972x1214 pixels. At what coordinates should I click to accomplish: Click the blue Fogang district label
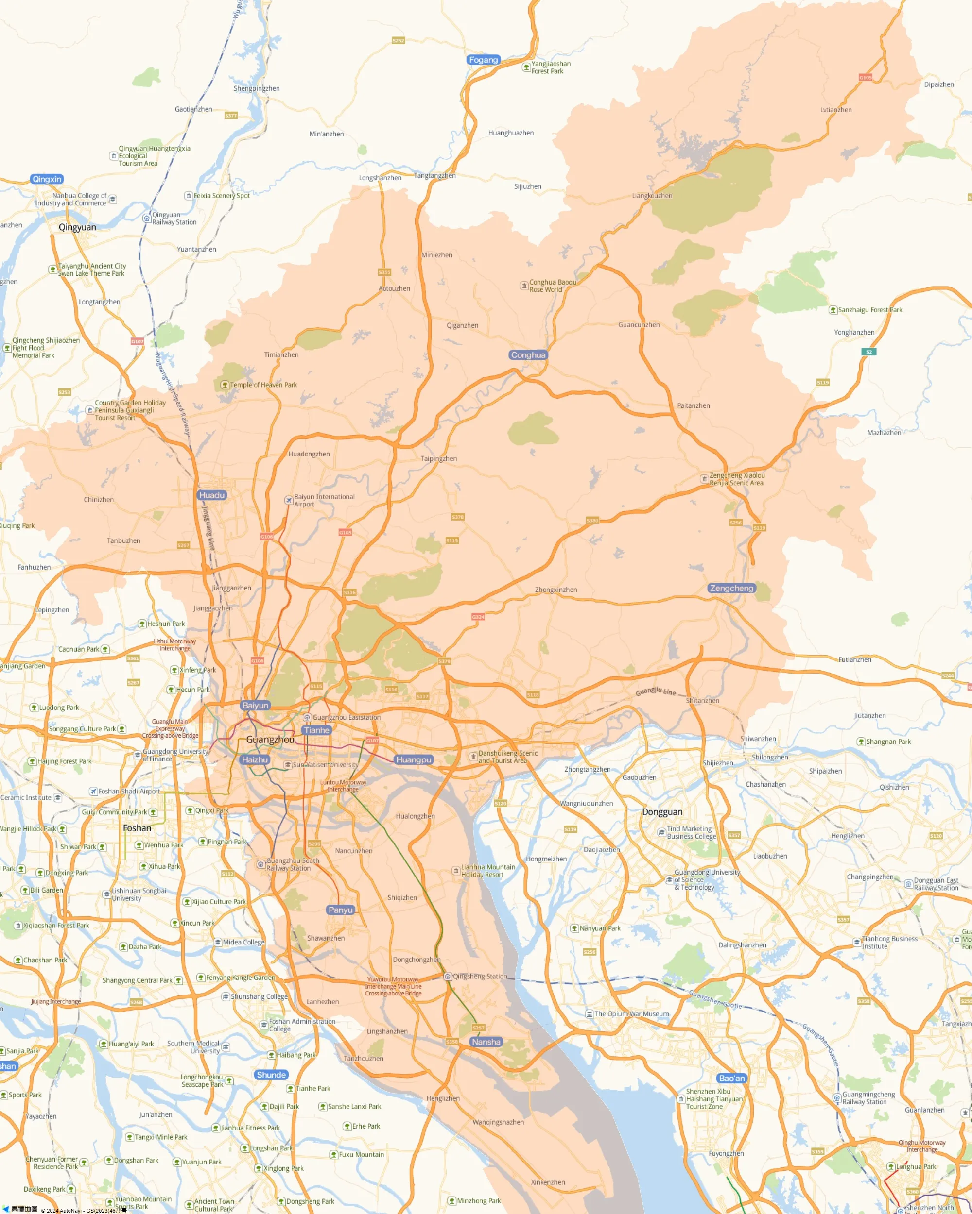[484, 60]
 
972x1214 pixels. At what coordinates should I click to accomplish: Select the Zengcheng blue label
[731, 588]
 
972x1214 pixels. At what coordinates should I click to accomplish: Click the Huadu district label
[212, 495]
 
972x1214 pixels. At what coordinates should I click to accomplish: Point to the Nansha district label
[486, 1042]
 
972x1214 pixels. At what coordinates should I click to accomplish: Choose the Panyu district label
[340, 910]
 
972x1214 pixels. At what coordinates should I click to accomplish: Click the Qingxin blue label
[47, 179]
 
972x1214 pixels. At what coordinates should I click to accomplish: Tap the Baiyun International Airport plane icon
[289, 500]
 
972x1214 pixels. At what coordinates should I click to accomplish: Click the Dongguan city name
[662, 812]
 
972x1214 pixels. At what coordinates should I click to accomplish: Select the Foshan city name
[137, 828]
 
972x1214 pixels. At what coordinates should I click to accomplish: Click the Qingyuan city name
[77, 227]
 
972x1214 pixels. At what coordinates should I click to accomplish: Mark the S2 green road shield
[868, 352]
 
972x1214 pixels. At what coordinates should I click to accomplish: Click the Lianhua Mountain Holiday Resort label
[488, 871]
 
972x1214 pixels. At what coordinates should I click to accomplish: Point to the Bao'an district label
[731, 1079]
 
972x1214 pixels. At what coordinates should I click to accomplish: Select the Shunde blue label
[271, 1075]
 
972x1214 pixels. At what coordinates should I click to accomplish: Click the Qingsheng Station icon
[448, 977]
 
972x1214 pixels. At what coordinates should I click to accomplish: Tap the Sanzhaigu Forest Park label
[869, 310]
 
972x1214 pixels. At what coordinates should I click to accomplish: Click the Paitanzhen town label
[693, 405]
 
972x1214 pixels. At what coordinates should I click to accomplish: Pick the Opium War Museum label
[631, 1014]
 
